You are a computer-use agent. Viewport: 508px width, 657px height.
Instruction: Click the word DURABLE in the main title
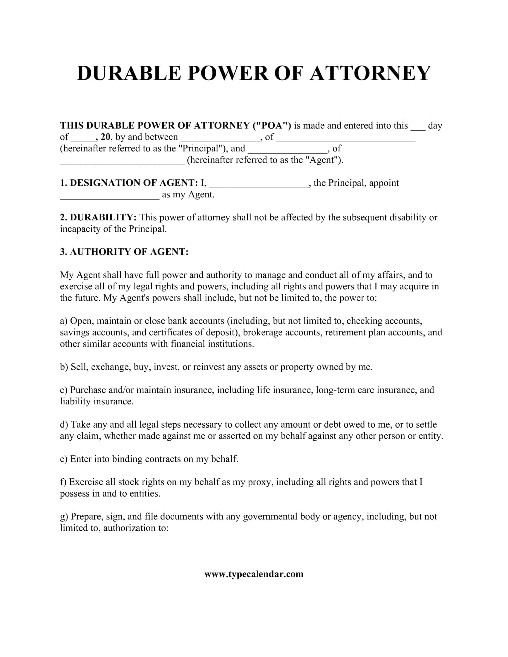129,73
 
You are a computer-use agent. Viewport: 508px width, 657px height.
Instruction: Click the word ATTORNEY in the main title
370,73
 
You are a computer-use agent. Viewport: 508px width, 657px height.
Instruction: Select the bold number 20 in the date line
105,137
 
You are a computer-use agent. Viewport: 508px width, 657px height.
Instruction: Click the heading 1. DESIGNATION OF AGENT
129,183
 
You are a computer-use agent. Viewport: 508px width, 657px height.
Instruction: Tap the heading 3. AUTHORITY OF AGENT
124,252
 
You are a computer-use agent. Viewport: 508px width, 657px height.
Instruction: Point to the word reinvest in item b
209,367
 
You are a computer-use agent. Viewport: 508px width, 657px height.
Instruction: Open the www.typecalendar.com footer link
254,574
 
